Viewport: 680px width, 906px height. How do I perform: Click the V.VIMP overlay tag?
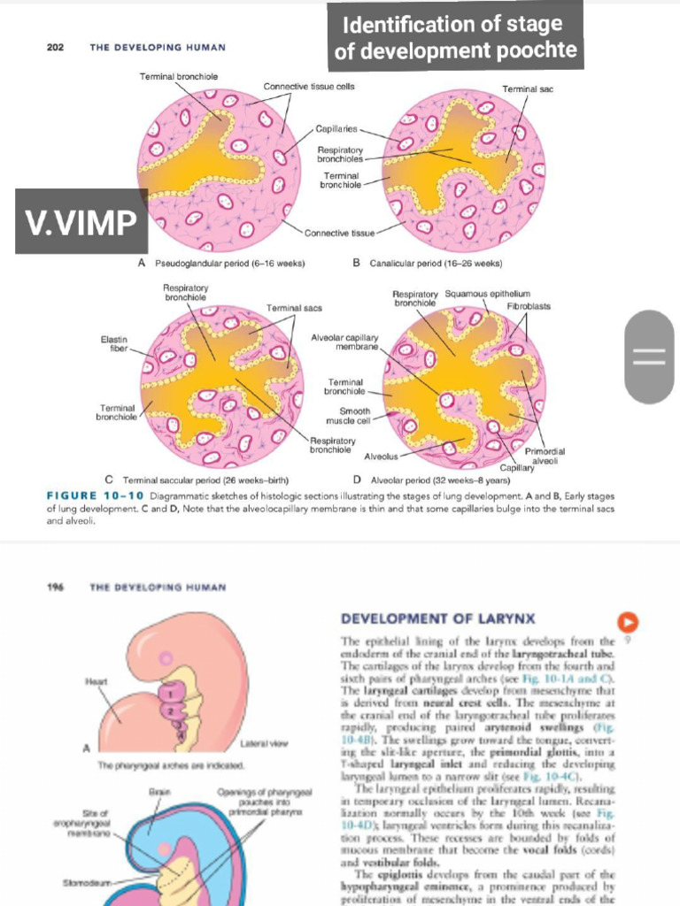80,221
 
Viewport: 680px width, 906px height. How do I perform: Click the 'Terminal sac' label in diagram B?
528,89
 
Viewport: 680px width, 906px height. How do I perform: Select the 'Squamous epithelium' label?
487,294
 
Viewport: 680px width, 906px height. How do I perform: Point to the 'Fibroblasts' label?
529,306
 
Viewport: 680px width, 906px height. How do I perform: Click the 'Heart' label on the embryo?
96,681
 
